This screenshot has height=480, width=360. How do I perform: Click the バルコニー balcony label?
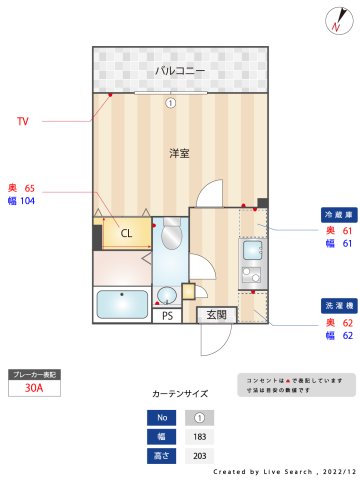point(180,71)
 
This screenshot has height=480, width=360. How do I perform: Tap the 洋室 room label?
point(180,153)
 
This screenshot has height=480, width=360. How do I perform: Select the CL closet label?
point(126,233)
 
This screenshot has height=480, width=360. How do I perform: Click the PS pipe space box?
point(167,316)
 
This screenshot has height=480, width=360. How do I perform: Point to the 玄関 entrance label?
point(217,315)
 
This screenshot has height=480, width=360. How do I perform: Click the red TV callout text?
point(23,121)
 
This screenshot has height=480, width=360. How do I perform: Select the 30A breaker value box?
point(33,389)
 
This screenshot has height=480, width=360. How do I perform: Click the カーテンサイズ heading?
point(180,394)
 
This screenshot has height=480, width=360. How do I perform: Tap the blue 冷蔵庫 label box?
point(333,214)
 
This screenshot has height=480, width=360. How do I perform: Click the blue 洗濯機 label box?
point(333,304)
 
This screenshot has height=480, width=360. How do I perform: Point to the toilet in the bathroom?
point(171,237)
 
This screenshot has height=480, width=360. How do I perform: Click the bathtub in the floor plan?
point(121,303)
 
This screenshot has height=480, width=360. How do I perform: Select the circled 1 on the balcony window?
point(170,102)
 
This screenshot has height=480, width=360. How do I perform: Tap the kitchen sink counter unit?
point(251,262)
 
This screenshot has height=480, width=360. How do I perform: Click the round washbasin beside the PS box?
point(167,294)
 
